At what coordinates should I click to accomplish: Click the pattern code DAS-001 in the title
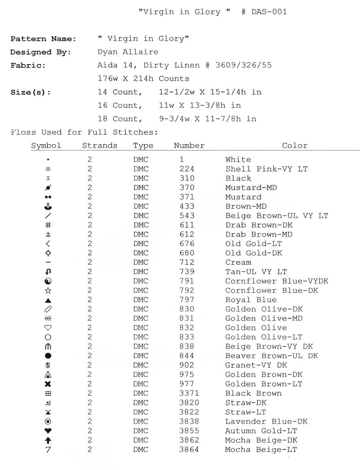[269, 12]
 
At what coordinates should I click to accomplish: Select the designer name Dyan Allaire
[128, 52]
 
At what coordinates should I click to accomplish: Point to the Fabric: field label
[28, 65]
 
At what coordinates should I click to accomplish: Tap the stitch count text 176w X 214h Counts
[143, 79]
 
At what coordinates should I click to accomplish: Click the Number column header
[189, 146]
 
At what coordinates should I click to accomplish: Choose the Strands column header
[100, 146]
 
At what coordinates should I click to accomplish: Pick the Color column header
[295, 146]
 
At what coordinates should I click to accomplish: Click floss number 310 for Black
[187, 178]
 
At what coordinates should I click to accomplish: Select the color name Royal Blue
[251, 300]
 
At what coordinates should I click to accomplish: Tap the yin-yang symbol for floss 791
[48, 281]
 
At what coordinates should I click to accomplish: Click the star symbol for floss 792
[48, 291]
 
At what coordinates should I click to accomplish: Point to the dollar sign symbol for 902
[48, 365]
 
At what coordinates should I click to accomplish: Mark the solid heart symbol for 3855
[48, 431]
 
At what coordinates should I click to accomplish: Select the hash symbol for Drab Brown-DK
[48, 225]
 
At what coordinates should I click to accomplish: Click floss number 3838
[189, 422]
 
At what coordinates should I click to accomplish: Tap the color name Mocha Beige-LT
[261, 450]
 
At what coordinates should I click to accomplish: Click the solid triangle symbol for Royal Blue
[48, 300]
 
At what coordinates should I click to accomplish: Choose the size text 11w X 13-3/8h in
[200, 105]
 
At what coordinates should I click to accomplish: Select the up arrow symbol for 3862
[48, 440]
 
